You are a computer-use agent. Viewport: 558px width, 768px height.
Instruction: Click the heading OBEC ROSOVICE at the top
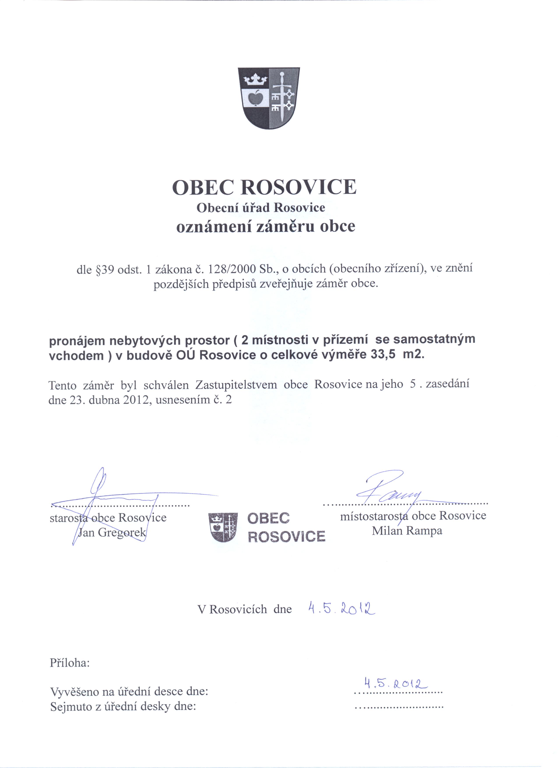[x=264, y=187]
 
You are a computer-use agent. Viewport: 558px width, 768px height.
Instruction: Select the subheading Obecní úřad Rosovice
[x=261, y=208]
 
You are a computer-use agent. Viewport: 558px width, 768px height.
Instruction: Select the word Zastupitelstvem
[x=236, y=385]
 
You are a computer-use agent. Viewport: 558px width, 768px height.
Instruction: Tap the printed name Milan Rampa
[x=407, y=531]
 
